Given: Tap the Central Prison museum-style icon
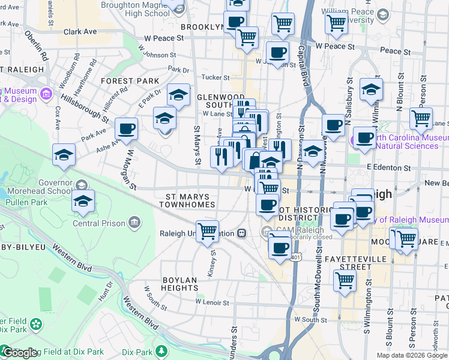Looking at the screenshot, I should [134, 224].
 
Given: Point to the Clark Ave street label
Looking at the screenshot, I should [80, 31].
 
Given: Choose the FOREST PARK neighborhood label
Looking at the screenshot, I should [130, 81].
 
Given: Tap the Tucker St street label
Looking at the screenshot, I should [215, 77].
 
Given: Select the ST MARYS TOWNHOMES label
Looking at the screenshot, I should [187, 200].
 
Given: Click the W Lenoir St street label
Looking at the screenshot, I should [213, 302].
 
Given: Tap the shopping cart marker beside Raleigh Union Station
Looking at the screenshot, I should [207, 230].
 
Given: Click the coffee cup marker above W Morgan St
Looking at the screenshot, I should [127, 128].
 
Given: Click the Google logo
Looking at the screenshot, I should [20, 353].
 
